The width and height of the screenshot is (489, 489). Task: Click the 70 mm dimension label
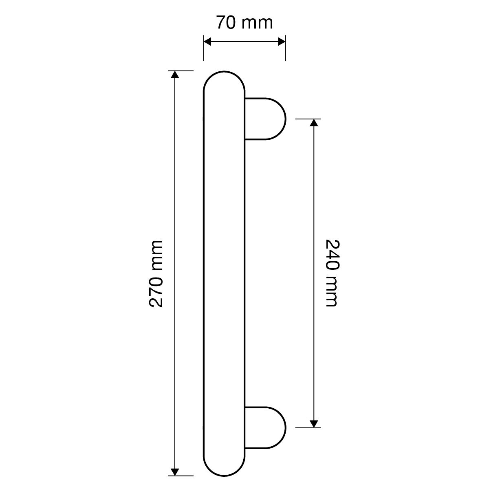pos(244,22)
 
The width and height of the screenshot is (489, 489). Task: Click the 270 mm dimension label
pos(156,274)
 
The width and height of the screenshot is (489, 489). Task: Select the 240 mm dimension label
pos(333,273)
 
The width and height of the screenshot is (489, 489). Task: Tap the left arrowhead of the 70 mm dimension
pos(207,42)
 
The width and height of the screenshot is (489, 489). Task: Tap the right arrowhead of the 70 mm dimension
pos(282,42)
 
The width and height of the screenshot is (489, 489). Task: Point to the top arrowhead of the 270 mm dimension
pos(175,75)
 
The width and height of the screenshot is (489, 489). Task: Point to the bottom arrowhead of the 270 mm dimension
pos(175,472)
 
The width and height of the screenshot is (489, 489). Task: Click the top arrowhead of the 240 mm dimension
pos(314,123)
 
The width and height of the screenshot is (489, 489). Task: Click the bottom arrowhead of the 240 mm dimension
pos(314,424)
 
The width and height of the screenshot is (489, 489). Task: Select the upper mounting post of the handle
pos(265,119)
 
